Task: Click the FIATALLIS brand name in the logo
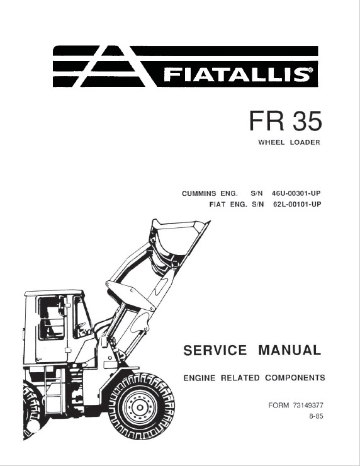(x=235, y=74)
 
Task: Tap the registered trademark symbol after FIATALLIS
(x=310, y=70)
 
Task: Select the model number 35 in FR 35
(x=307, y=121)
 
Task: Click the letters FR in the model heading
(x=266, y=121)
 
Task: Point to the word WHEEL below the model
(x=271, y=142)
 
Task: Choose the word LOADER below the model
(x=305, y=142)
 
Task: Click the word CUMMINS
(x=199, y=193)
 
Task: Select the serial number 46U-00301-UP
(x=296, y=193)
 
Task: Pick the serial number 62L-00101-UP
(x=297, y=205)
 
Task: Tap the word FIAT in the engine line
(x=217, y=205)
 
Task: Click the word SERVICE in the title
(x=215, y=350)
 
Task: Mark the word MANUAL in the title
(x=290, y=350)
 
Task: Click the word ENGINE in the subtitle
(x=200, y=378)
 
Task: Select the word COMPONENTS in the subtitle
(x=295, y=378)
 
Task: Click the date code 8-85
(x=316, y=416)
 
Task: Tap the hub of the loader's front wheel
(x=139, y=406)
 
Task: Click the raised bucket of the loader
(x=177, y=238)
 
